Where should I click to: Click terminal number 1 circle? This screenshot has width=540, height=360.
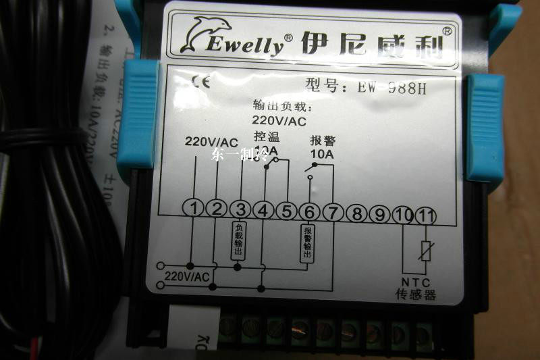[x=194, y=210]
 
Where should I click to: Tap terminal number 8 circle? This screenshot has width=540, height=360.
[x=356, y=213]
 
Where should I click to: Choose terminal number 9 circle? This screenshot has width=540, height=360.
[x=380, y=214]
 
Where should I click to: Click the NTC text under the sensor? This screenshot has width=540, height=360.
[x=415, y=283]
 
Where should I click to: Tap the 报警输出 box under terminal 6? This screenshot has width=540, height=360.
[x=307, y=243]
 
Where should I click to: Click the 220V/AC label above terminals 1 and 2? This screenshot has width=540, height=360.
[x=211, y=142]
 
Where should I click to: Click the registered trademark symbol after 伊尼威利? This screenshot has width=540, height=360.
[x=447, y=30]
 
